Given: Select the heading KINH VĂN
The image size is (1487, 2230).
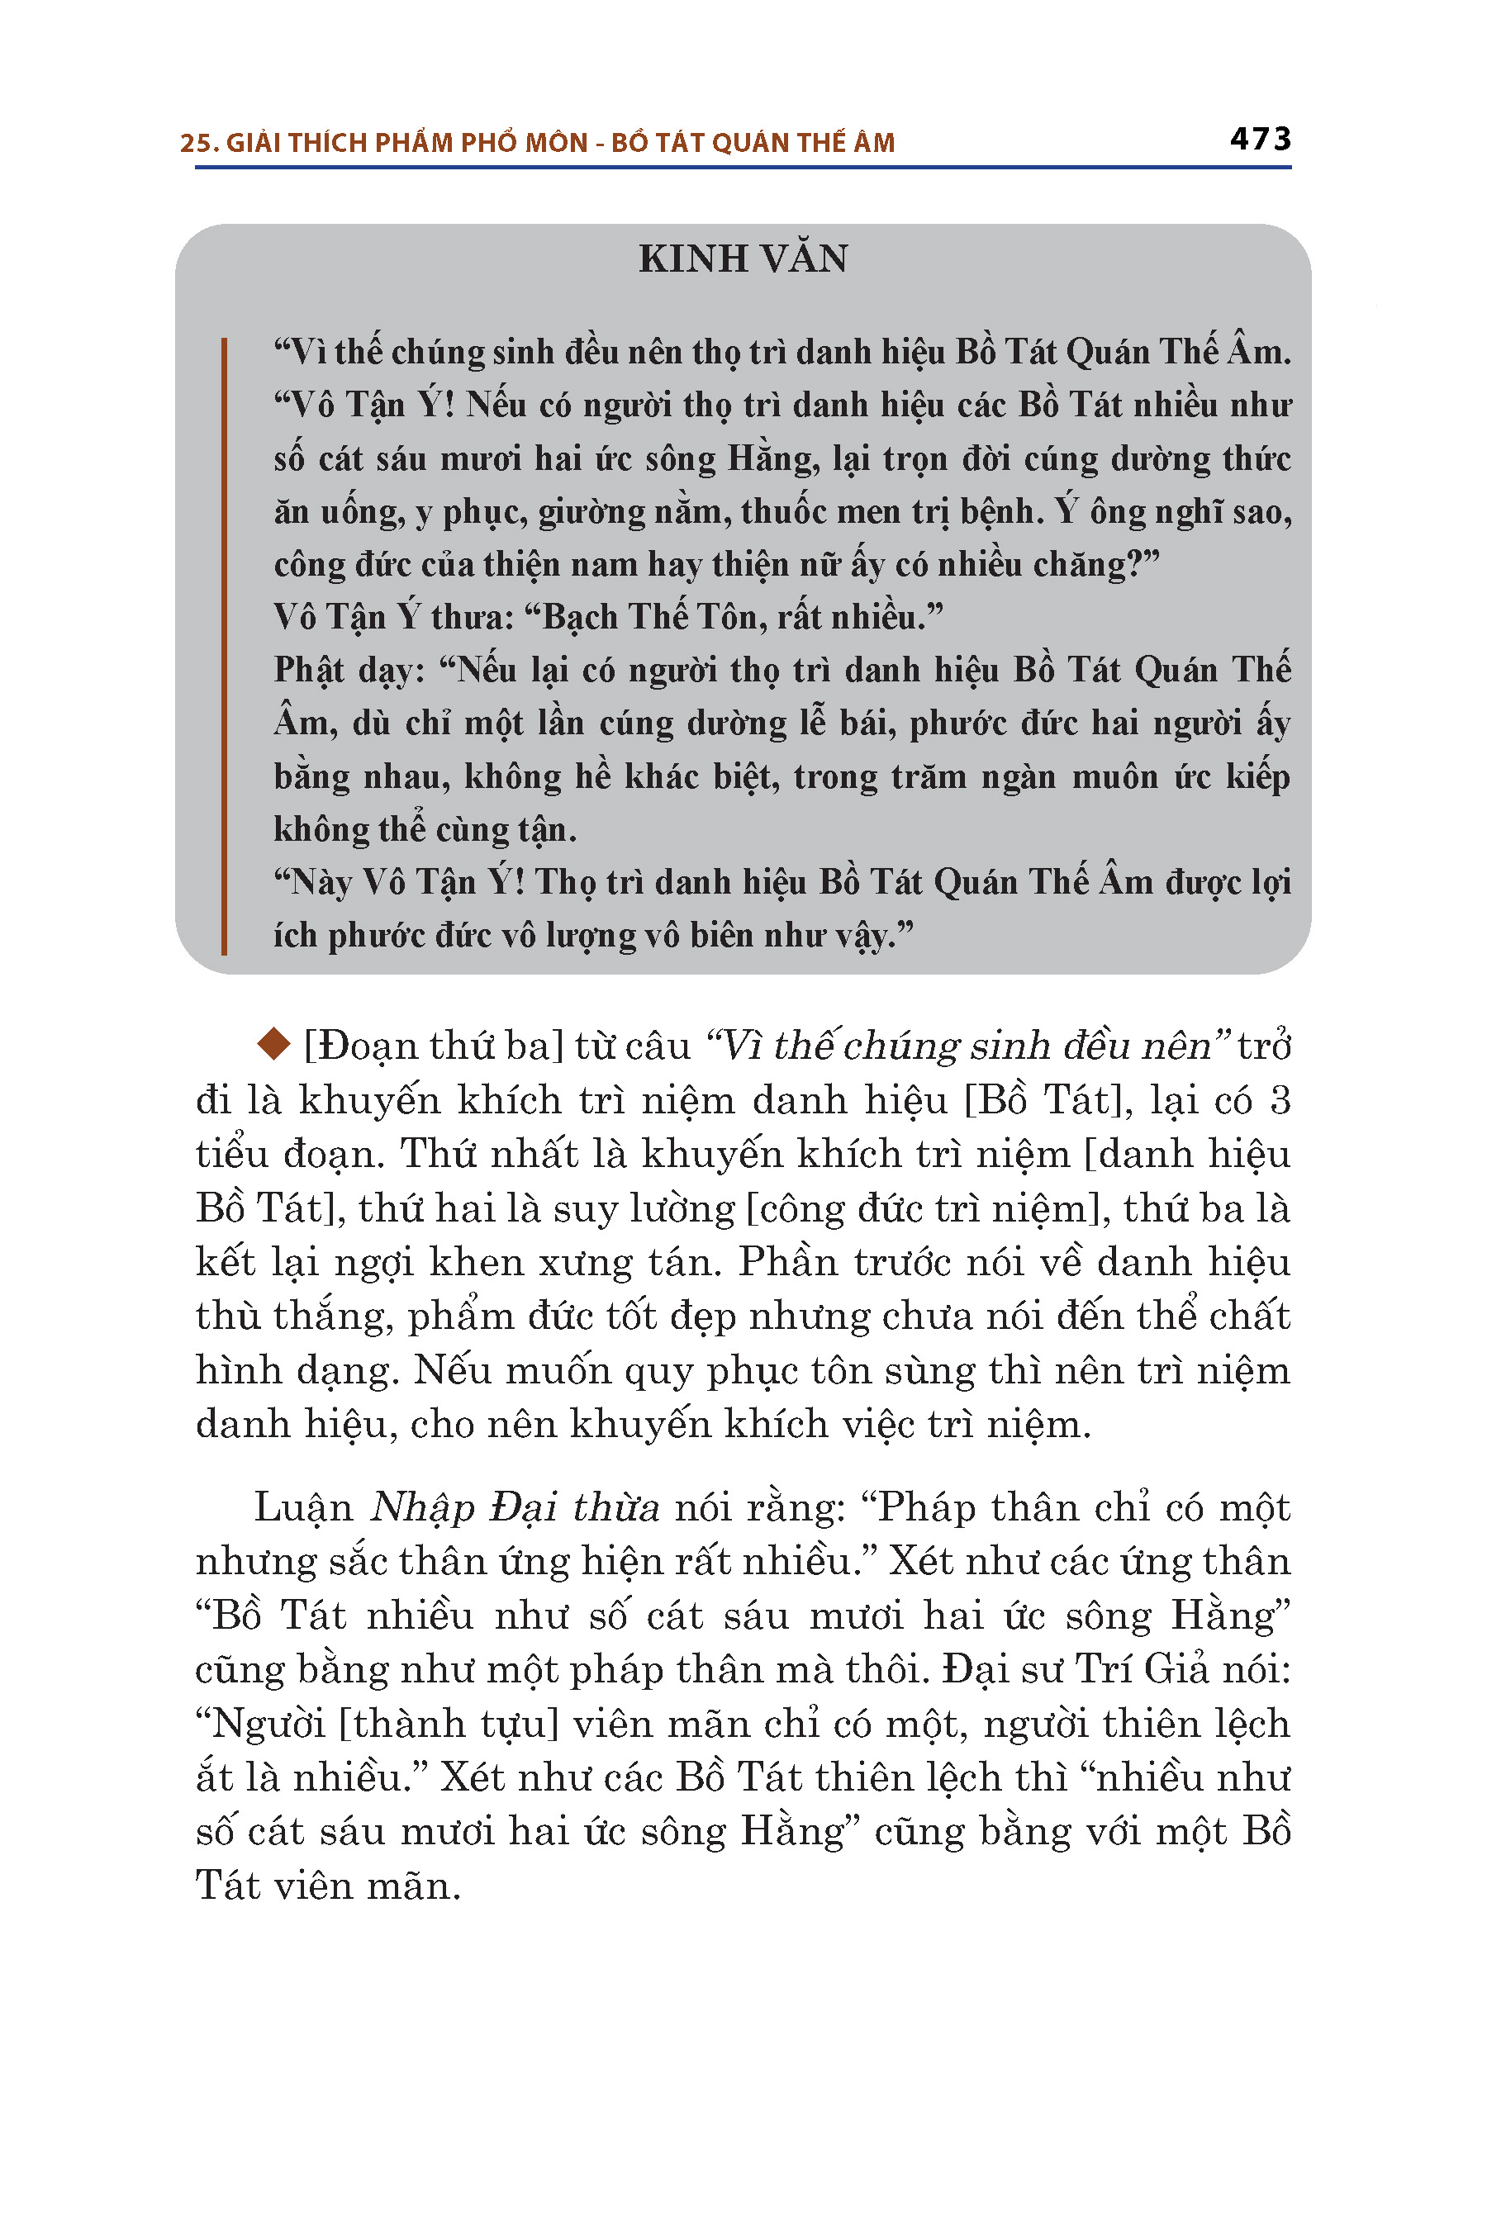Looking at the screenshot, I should click(743, 259).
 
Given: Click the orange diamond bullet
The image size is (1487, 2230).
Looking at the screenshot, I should click(273, 1045).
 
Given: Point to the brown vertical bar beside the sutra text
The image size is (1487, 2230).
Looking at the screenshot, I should click(224, 645).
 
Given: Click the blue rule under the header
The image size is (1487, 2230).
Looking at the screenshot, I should click(743, 168).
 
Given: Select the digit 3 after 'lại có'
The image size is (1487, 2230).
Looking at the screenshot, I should click(1278, 1100).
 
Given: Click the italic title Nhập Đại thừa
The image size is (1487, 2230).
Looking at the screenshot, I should click(514, 1507).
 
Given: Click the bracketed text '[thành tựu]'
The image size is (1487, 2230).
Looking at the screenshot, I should click(449, 1724).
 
